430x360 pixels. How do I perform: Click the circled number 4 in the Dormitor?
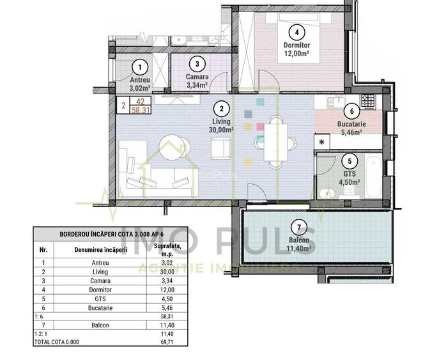(x=296, y=32)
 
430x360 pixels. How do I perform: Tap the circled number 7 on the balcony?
(x=298, y=227)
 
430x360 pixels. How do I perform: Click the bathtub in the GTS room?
(x=373, y=176)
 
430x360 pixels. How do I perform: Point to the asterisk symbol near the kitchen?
(x=321, y=143)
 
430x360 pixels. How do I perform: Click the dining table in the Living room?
(x=275, y=143)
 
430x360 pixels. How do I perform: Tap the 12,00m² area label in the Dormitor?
(x=296, y=53)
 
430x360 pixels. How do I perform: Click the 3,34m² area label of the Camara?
(x=197, y=85)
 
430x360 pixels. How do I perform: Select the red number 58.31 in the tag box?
(x=141, y=110)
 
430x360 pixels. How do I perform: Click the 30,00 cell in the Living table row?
(x=167, y=272)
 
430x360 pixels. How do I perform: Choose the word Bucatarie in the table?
(x=100, y=308)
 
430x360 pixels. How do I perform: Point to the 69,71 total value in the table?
(x=167, y=342)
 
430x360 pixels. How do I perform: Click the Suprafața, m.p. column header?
(x=167, y=249)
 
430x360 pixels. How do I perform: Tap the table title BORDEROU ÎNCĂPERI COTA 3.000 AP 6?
(x=111, y=234)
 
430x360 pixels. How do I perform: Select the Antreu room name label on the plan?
(x=140, y=80)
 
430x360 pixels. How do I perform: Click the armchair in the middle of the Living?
(x=221, y=148)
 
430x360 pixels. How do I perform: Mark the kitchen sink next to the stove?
(x=336, y=102)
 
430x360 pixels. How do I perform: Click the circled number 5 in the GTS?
(x=349, y=161)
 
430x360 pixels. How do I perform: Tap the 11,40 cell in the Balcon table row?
(x=167, y=325)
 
